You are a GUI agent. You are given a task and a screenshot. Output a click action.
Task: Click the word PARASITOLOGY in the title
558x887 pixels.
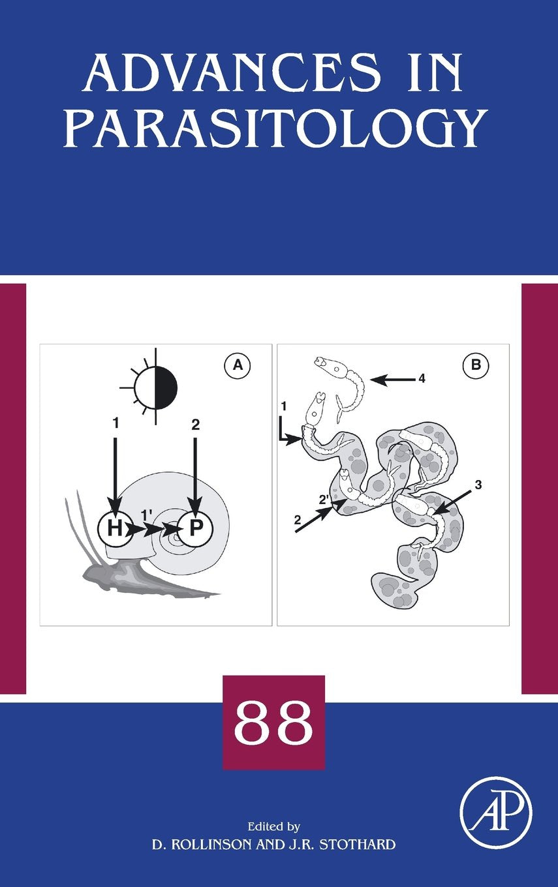click(x=276, y=128)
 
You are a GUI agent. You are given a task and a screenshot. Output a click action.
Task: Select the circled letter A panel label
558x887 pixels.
click(x=238, y=365)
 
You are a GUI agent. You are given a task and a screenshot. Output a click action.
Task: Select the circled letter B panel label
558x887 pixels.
click(x=476, y=365)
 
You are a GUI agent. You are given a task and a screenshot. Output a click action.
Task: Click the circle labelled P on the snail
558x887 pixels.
click(x=195, y=528)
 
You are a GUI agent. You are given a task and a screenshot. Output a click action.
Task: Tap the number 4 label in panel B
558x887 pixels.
click(x=422, y=379)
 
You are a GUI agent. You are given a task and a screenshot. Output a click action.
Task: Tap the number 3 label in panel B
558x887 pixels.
click(x=478, y=485)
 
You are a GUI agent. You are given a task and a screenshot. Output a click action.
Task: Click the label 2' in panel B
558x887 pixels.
click(x=324, y=500)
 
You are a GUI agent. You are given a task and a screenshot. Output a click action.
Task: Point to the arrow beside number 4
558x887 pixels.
click(x=393, y=380)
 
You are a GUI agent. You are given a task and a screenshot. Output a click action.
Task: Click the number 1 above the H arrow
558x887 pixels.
click(x=116, y=424)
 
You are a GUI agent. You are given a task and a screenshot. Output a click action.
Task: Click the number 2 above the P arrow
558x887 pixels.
click(x=195, y=425)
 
